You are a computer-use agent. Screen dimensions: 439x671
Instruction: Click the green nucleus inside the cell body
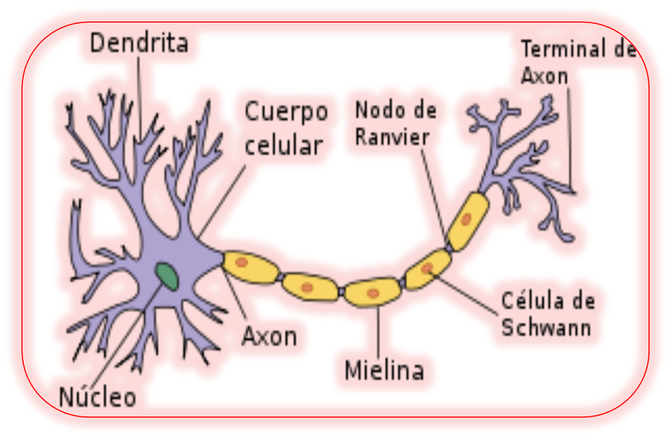167,275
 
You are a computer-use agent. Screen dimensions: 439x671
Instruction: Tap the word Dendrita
139,44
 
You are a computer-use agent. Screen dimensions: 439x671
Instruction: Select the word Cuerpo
286,112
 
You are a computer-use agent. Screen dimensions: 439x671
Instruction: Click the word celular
283,146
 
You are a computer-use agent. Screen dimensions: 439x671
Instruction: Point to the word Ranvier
391,137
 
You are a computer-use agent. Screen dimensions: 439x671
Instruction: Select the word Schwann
546,328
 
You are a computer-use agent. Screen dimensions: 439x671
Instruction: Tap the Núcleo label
97,397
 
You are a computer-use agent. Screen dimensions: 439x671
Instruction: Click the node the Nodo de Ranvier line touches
449,248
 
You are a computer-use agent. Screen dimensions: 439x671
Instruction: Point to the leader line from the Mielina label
379,330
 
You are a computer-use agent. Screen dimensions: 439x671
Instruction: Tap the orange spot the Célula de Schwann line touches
428,268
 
